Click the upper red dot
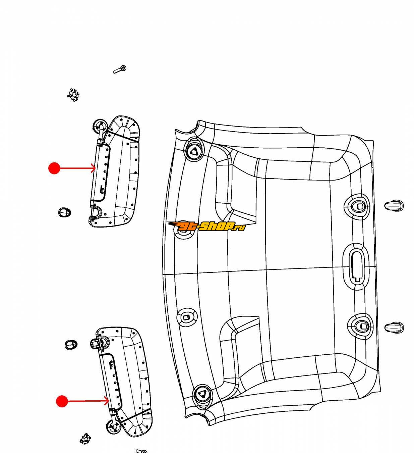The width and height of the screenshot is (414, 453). click(54, 168)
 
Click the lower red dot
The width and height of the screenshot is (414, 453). click(62, 401)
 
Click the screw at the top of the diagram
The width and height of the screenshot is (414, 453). click(120, 69)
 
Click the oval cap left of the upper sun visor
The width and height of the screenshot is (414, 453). click(65, 212)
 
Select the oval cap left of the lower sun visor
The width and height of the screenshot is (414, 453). click(71, 345)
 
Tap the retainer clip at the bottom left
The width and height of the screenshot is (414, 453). click(85, 439)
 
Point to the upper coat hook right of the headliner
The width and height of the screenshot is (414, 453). click(394, 205)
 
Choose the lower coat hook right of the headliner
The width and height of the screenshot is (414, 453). click(394, 328)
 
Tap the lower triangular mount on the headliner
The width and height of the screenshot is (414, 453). click(202, 394)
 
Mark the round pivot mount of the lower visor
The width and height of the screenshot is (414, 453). click(113, 427)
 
